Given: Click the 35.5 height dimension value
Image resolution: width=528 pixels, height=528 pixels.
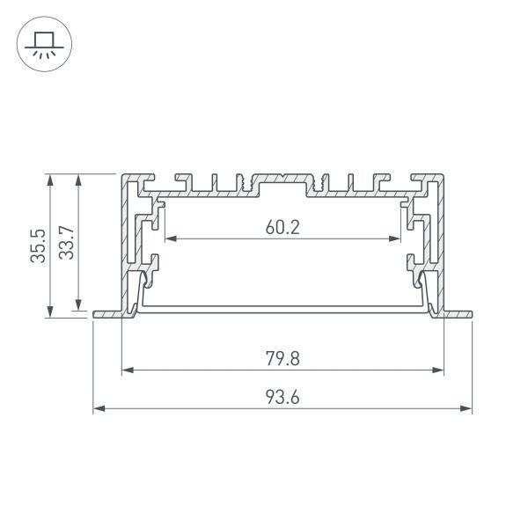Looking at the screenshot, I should tap(38, 246).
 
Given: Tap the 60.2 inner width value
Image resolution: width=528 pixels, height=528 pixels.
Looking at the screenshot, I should tap(282, 227).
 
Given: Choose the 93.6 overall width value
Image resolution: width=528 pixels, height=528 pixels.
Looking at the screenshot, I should tap(282, 397).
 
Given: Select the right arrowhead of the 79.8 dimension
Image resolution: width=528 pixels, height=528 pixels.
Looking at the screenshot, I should tap(437, 370).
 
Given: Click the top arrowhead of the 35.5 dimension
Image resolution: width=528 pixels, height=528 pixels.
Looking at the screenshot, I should tap(50, 180).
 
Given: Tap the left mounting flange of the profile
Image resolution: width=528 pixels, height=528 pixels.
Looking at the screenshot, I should tap(106, 312).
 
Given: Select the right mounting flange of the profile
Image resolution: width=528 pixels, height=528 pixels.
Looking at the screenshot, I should tap(457, 312).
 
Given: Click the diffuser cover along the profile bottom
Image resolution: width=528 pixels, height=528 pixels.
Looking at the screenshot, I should tap(282, 308).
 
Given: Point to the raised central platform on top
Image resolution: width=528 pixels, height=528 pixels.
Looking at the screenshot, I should tap(282, 178).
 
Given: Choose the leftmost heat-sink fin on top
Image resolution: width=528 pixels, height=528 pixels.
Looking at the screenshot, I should tap(184, 180).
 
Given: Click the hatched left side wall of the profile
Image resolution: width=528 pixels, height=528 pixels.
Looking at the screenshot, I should tap(125, 238).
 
